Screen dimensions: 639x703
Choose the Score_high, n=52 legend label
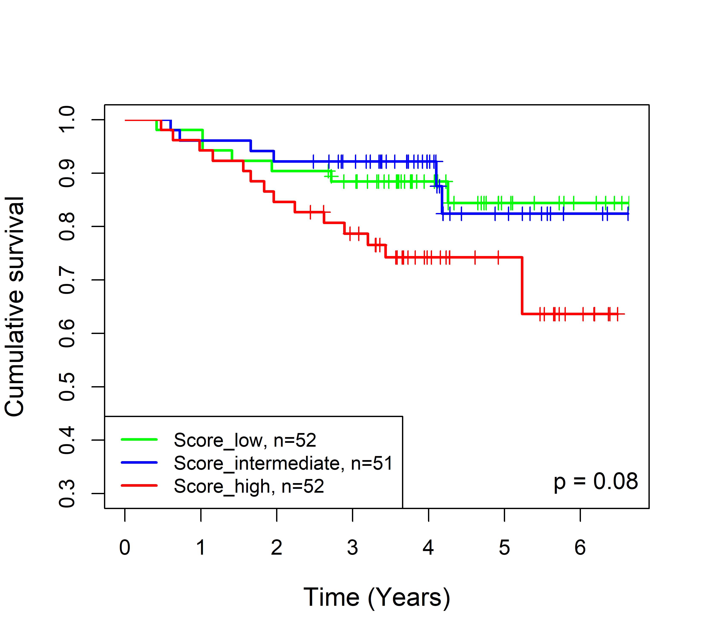pyautogui.click(x=249, y=486)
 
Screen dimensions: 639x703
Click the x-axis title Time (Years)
pyautogui.click(x=377, y=598)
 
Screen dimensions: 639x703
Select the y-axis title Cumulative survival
pyautogui.click(x=15, y=307)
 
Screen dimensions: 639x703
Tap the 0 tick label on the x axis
pyautogui.click(x=125, y=548)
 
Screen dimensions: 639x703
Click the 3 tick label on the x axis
pyautogui.click(x=353, y=548)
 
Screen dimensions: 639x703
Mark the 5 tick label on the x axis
pyautogui.click(x=504, y=548)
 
